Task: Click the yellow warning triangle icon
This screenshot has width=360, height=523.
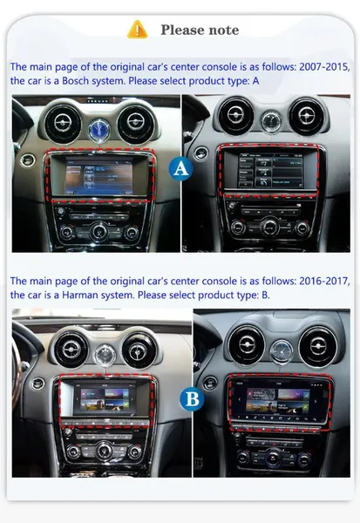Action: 137,30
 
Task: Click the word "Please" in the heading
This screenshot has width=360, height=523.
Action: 180,30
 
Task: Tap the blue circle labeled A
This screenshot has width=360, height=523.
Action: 180,168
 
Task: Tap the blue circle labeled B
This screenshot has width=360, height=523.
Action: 192,399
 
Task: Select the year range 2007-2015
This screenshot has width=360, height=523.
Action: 324,67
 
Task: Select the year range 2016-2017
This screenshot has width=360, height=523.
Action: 324,281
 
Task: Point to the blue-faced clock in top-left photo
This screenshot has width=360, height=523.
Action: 98,131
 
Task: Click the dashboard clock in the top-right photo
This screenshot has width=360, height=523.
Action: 270,122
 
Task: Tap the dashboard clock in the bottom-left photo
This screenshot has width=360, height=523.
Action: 105,357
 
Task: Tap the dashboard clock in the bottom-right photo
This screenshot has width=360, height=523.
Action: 282,351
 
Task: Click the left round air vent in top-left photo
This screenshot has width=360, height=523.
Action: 63,123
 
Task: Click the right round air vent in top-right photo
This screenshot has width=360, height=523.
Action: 307,116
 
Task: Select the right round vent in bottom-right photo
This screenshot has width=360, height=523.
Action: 318,347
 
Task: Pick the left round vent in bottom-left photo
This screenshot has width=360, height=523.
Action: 71,350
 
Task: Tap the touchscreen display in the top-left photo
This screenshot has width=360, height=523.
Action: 98,176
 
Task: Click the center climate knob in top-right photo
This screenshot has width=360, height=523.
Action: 270,228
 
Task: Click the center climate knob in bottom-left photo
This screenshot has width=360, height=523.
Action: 104,451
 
